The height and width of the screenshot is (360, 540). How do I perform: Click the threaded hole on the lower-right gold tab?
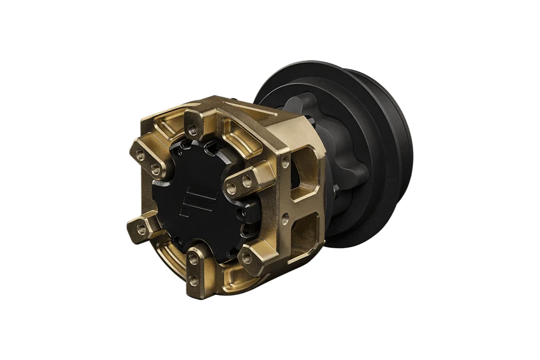click(247, 259)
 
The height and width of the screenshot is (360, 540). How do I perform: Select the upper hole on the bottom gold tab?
click(193, 262)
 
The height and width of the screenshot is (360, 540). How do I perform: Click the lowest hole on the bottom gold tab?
click(193, 279)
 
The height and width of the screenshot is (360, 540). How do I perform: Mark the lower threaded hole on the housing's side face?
click(286, 218)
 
